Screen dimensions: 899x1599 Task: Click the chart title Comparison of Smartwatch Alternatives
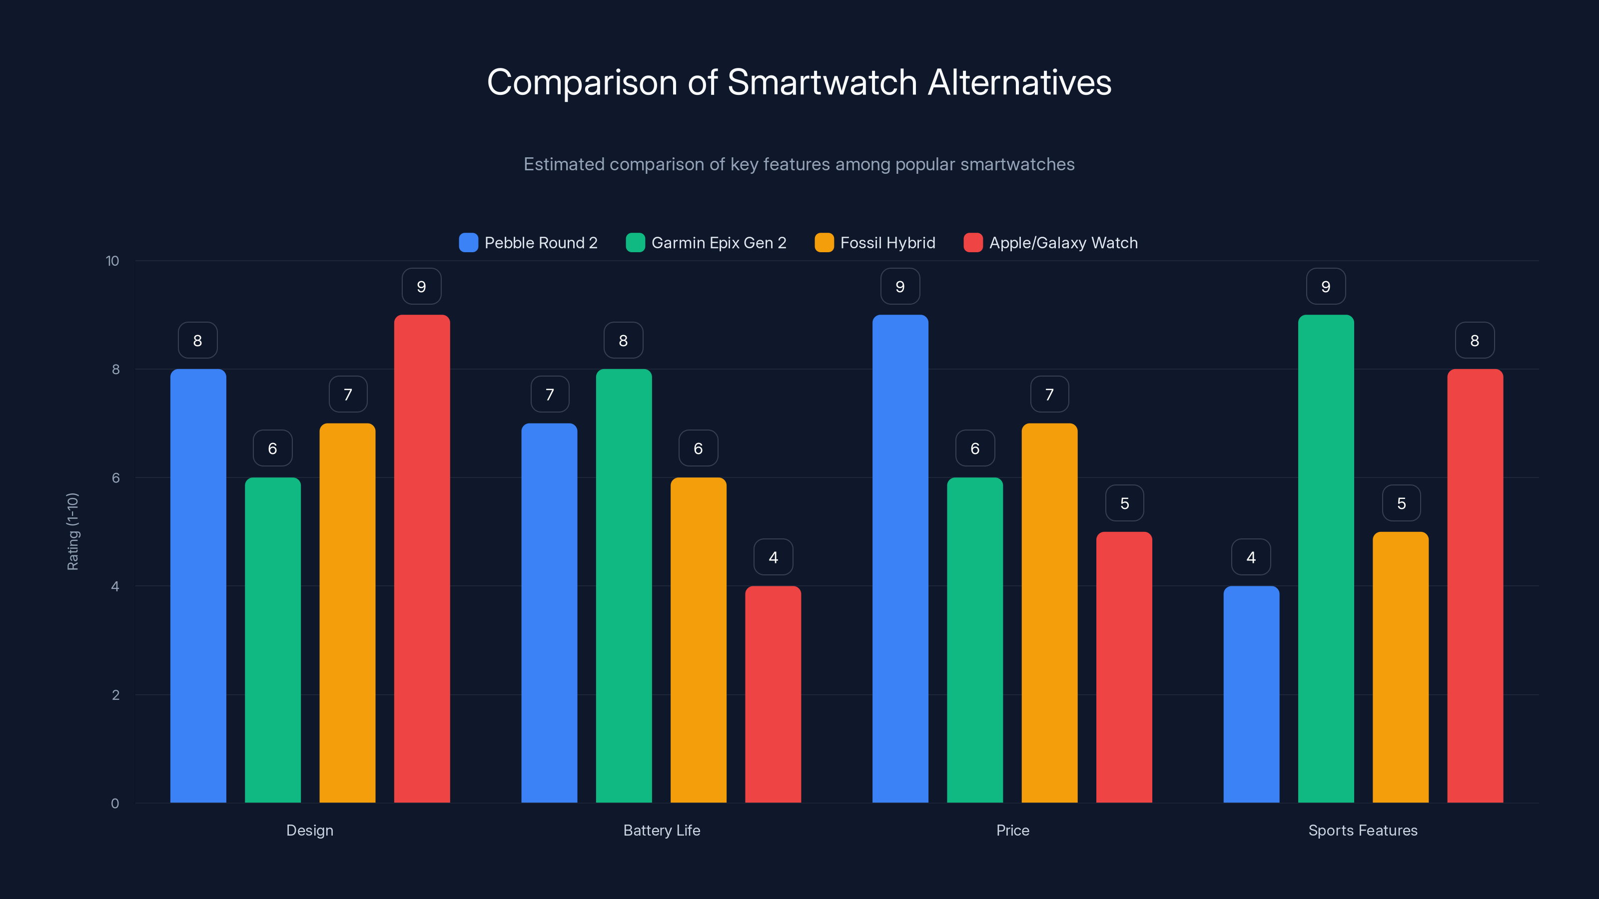799,82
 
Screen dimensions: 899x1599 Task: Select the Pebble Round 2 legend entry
528,243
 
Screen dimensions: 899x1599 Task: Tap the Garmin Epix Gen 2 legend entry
707,243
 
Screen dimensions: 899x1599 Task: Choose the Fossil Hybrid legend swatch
823,243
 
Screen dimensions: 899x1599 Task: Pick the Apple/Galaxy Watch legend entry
1050,243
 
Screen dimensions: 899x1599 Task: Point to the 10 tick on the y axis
112,261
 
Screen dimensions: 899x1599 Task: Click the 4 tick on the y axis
115,586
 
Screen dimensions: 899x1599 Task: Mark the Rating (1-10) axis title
72,532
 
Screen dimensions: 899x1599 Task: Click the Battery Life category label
662,830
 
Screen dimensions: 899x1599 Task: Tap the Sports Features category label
1363,830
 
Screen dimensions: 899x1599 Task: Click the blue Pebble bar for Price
900,558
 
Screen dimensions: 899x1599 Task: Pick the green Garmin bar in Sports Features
1326,558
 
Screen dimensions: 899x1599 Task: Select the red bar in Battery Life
773,695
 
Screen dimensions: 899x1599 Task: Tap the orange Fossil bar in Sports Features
1400,667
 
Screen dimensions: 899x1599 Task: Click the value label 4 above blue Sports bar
1251,557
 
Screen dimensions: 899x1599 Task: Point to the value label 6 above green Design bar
272,448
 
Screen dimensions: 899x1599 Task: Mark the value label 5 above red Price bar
1124,503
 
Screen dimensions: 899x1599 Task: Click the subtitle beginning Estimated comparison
799,164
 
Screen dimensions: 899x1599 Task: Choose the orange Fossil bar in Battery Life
699,639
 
